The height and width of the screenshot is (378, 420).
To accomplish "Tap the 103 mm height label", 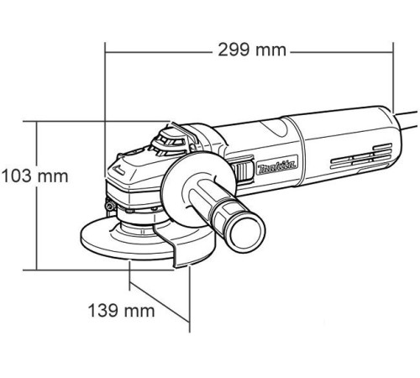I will coord(35,177).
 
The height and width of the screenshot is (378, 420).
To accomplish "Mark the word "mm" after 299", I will coord(270,49).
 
